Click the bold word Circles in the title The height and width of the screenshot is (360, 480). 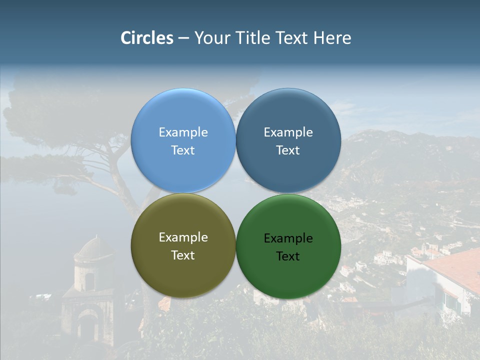[x=147, y=38]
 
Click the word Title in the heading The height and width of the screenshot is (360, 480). [x=253, y=38]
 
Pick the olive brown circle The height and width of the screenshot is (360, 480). [x=183, y=272]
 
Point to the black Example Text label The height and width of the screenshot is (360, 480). [x=288, y=247]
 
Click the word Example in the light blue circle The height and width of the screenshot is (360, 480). [x=183, y=132]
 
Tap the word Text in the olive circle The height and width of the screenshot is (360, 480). [x=183, y=255]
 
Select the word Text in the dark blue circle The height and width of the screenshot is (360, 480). [x=288, y=150]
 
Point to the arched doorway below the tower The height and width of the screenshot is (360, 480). [x=88, y=327]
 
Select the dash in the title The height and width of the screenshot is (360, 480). [x=183, y=38]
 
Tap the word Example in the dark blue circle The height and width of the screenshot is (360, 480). [x=288, y=132]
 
